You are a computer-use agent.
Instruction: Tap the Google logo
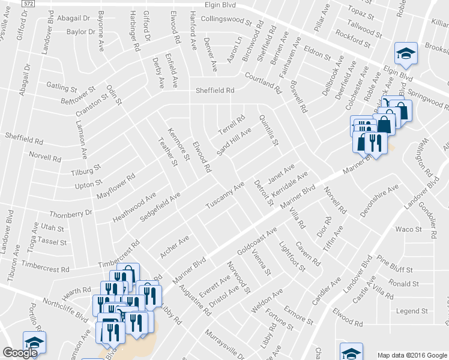tap(20, 353)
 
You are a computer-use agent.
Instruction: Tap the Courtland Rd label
tap(263, 82)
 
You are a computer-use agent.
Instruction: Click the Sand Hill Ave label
tap(234, 143)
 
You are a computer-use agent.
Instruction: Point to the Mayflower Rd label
tap(116, 187)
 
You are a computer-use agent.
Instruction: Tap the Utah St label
tap(53, 228)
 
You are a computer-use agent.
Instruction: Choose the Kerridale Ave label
tap(289, 184)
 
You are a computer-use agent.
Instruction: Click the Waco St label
tap(406, 229)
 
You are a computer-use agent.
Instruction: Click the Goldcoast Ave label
tap(257, 242)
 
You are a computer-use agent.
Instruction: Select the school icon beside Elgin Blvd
tap(406, 54)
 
